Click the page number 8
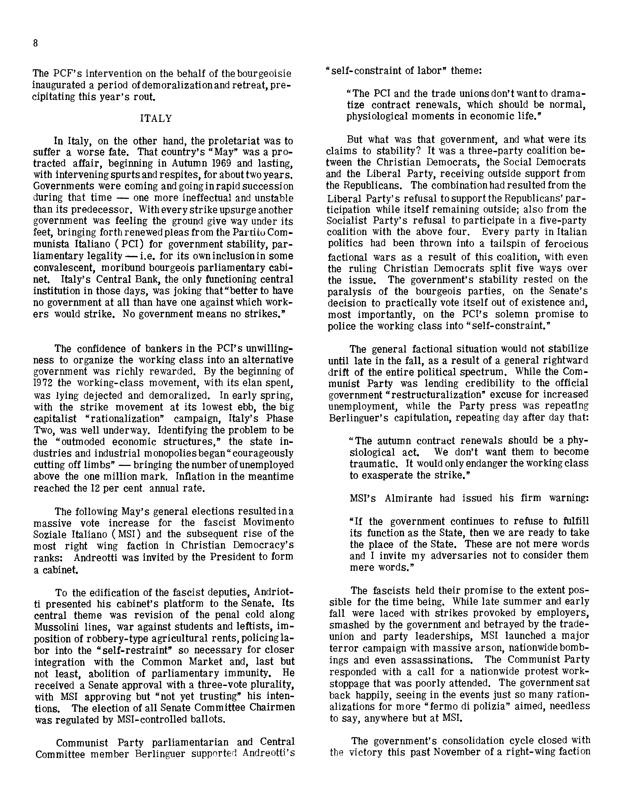[35, 43]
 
